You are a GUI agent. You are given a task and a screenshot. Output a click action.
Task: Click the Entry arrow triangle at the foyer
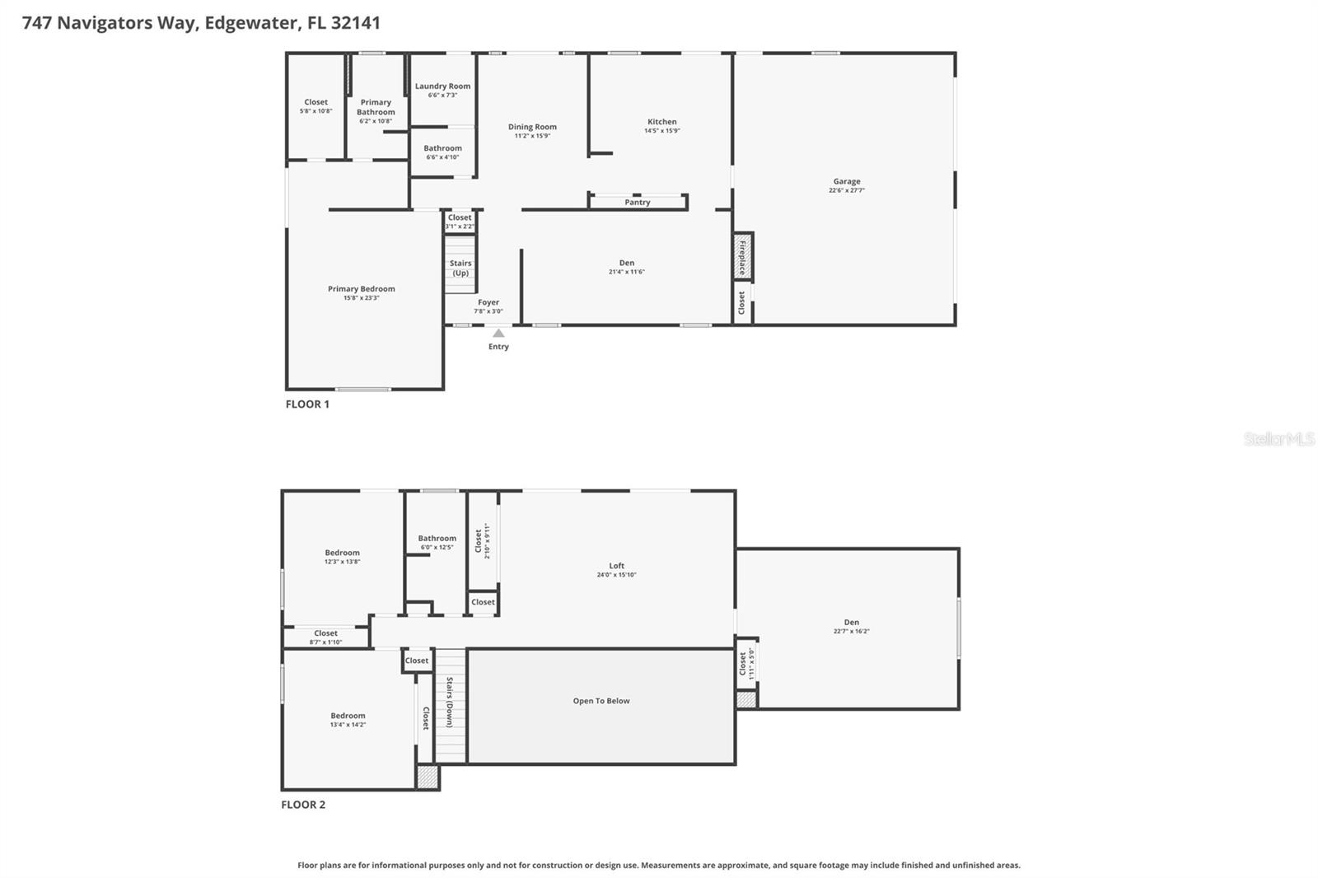498,333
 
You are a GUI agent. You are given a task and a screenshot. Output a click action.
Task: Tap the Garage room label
846,181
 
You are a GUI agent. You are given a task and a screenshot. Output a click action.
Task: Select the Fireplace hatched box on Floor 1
743,256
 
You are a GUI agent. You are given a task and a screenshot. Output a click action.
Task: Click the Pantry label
637,202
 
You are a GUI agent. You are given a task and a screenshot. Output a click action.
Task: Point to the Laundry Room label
442,86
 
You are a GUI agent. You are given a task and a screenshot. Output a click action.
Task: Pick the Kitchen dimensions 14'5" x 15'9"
661,131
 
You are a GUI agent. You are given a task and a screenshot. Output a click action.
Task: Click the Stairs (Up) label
460,268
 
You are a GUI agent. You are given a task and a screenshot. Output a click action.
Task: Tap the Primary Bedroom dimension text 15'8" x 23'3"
361,298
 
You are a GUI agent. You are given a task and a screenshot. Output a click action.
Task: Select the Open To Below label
601,701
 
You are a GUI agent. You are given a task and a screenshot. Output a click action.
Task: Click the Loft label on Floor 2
616,566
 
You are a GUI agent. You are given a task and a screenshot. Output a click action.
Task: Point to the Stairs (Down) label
450,703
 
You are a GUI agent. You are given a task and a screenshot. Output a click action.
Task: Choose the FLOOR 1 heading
307,404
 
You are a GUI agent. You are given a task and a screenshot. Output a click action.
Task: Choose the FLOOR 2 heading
303,805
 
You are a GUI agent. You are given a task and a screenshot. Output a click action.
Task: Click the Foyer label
488,302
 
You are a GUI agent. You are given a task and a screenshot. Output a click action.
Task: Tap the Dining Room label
532,127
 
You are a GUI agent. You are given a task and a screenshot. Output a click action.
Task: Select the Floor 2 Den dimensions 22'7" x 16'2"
851,632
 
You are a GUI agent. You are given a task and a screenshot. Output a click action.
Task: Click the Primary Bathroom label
376,107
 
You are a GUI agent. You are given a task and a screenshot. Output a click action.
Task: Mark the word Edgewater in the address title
250,23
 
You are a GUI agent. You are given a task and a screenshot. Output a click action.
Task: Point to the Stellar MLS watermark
1278,439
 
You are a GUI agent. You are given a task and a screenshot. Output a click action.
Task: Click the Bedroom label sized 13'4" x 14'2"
348,716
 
